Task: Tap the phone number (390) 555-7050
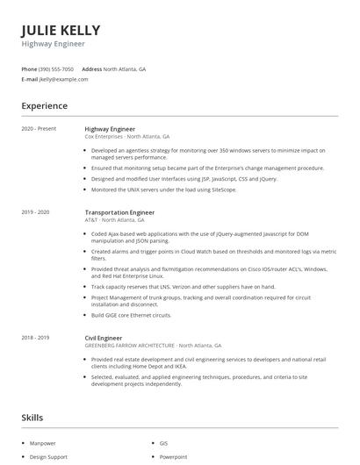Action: point(57,68)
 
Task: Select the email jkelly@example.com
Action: point(64,79)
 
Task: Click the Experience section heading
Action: point(44,106)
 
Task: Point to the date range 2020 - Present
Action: point(39,129)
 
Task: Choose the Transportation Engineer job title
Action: point(119,212)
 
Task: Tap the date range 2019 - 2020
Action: point(35,212)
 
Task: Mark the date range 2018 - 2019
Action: point(35,337)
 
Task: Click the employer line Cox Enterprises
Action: point(126,137)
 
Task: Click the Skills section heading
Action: point(33,418)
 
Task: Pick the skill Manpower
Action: point(43,444)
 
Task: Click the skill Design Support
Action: point(48,457)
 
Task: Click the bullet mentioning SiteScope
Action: point(151,190)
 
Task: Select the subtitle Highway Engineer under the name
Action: point(54,43)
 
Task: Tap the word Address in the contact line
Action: point(91,68)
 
